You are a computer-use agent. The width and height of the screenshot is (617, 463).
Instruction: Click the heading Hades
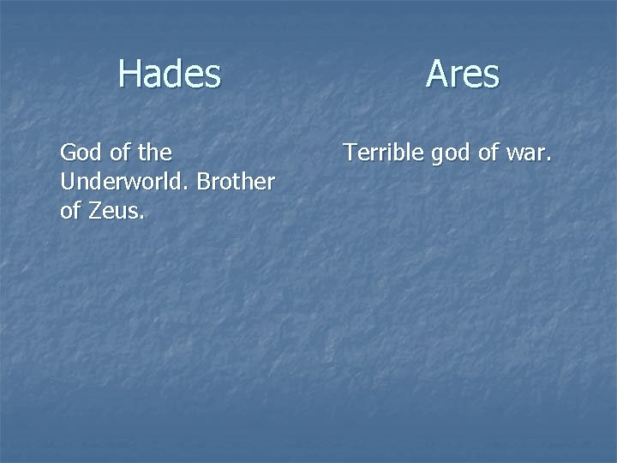[170, 74]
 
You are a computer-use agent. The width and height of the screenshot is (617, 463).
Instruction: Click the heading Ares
[462, 74]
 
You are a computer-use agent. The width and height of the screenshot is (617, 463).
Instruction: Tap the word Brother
[237, 182]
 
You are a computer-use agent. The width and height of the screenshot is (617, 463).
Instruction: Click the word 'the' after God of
[154, 153]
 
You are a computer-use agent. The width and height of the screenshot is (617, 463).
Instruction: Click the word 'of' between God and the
[120, 153]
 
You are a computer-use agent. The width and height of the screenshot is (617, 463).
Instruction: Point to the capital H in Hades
[129, 74]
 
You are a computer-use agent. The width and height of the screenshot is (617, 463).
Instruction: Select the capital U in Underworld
[68, 182]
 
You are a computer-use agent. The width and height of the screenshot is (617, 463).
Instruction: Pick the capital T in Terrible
[350, 153]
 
